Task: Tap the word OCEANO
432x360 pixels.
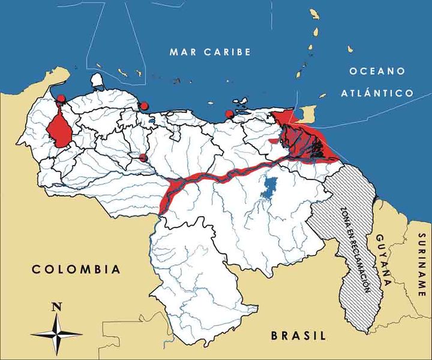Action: click(x=376, y=71)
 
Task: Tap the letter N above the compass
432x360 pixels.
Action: click(x=56, y=307)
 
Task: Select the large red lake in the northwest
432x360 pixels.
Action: click(x=58, y=130)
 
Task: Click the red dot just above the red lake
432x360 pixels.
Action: click(x=61, y=98)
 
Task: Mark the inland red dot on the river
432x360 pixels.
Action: click(x=143, y=157)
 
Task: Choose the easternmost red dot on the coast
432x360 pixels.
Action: click(x=229, y=114)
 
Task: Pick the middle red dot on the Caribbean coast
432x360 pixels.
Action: click(x=143, y=106)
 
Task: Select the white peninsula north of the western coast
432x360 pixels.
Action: click(x=97, y=80)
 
